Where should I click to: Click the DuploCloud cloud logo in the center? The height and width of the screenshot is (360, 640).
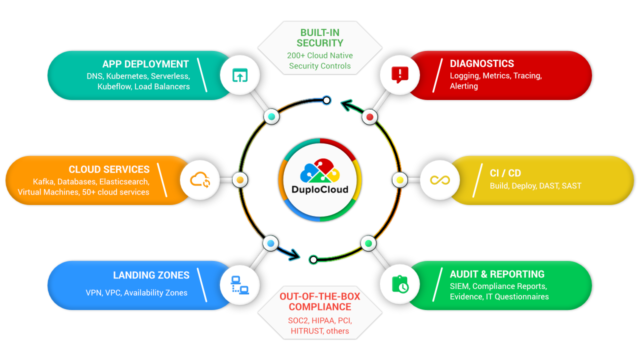point(320,170)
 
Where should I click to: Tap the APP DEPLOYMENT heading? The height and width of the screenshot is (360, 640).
point(145,64)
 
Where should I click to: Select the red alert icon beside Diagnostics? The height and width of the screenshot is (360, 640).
point(399,75)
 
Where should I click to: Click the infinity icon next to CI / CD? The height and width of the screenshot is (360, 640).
point(440,180)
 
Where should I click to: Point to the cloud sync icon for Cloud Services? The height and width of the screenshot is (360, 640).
point(200,180)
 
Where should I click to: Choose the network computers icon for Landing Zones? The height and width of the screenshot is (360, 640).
point(239,285)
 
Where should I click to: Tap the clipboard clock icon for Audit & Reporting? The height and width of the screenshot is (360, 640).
point(399,284)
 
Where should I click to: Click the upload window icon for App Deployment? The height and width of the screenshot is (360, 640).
point(240,75)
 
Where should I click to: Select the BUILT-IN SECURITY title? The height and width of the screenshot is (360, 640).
point(320,38)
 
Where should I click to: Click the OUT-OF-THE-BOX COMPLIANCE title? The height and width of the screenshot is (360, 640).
point(320,301)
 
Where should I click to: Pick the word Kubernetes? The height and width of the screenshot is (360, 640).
point(127,76)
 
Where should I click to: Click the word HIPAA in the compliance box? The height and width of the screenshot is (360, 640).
point(325,320)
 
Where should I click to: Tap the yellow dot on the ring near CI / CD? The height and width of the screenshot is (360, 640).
point(400,180)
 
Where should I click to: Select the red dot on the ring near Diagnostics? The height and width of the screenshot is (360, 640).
point(369,117)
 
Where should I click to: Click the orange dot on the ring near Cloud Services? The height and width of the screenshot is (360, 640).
point(240,180)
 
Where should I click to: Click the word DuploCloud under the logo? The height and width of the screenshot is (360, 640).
point(320,189)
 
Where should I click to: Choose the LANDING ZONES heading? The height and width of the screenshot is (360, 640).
point(151,275)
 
